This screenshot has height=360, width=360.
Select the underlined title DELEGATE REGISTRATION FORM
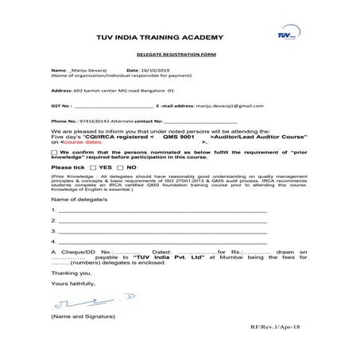coord(165,55)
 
